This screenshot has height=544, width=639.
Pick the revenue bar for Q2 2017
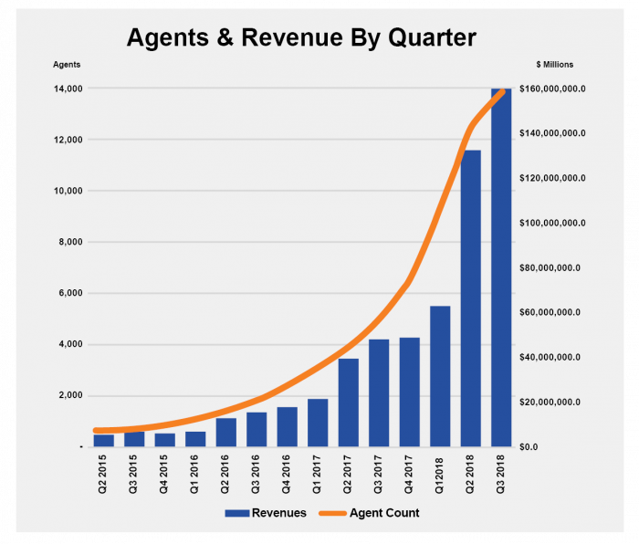click(348, 403)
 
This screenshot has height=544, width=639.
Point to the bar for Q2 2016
click(226, 432)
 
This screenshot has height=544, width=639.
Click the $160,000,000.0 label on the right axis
click(551, 89)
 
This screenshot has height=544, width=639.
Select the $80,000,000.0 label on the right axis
click(551, 267)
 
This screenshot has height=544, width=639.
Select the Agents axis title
click(66, 64)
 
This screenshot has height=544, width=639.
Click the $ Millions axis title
click(555, 64)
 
